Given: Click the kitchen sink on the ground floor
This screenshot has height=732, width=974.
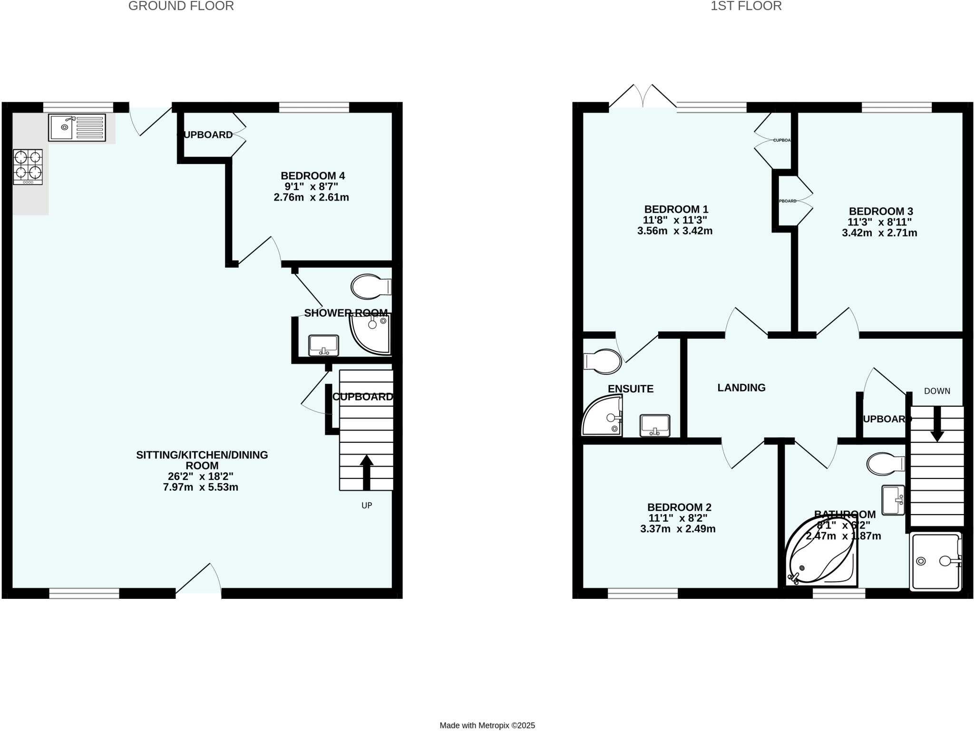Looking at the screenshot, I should pos(77,127).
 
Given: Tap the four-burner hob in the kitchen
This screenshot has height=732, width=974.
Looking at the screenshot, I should pos(28,166).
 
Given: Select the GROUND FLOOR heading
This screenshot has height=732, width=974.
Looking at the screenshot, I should pos(181,6).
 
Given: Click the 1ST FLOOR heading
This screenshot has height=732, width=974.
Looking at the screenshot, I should pos(746,6).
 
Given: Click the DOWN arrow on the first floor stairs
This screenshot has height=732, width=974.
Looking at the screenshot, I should pos(937,423).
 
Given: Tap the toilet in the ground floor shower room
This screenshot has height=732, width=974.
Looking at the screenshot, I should pos(370,286).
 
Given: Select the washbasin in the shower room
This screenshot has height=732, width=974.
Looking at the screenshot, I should pos(323,345).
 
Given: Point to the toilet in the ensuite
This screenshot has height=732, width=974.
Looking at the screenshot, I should pos(603,361).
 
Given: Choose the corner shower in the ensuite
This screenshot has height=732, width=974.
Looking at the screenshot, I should pos(602,417).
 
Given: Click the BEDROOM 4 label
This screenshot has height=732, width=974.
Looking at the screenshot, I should pos(312,176).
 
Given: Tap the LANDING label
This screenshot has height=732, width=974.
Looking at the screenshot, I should pos(741,388).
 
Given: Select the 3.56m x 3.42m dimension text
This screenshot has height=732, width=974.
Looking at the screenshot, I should pos(674,231).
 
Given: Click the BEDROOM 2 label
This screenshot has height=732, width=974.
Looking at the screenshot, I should pos(679,508).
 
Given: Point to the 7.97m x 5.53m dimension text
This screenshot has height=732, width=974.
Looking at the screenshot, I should pos(200,487).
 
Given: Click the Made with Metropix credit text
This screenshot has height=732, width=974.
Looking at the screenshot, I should pos(487,725).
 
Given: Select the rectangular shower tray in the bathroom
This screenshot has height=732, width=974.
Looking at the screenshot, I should pos(935,562).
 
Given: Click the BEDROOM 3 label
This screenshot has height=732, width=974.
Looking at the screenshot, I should pos(880,211).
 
